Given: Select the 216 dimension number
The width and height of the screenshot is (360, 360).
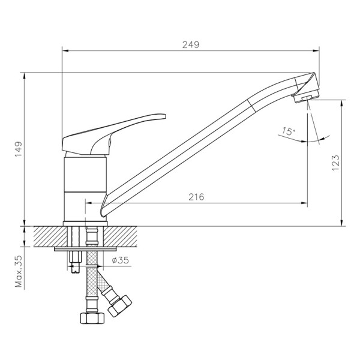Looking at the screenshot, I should pyautogui.click(x=197, y=197).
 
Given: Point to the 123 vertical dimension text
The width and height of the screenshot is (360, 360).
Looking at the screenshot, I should pyautogui.click(x=335, y=162).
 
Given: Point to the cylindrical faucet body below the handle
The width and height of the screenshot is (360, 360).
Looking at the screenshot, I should pyautogui.click(x=85, y=186).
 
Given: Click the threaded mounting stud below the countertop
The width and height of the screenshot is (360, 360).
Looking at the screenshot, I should pyautogui.click(x=74, y=262).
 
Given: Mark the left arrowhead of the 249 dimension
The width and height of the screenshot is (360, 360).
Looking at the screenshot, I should pyautogui.click(x=64, y=51).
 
